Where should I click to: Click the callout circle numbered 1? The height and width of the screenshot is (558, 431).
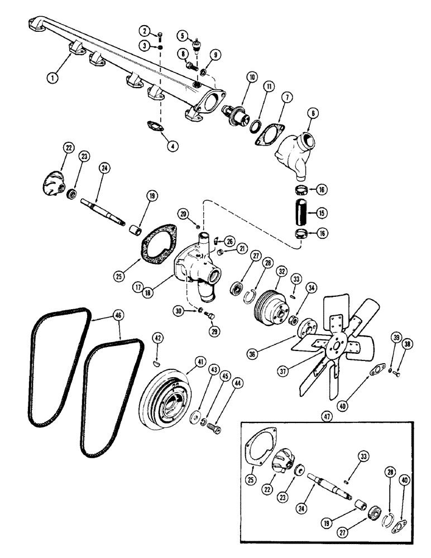click(x=53, y=78)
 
